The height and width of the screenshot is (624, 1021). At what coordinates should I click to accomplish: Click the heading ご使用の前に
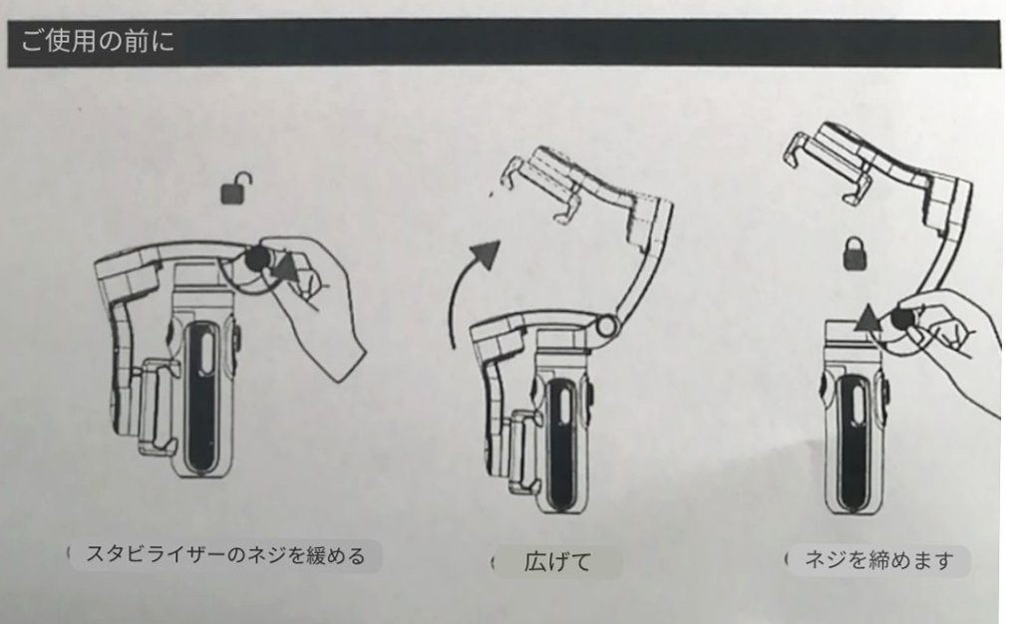[98, 41]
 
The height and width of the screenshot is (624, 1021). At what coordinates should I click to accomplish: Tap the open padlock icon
[235, 189]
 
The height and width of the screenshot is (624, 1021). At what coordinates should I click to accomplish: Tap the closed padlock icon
[854, 253]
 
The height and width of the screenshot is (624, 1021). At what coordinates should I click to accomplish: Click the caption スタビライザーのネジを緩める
[225, 555]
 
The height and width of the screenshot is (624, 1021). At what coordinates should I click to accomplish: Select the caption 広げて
[557, 561]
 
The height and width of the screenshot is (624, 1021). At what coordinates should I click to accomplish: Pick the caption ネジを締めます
[879, 559]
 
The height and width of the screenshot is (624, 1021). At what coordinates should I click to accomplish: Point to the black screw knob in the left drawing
[257, 259]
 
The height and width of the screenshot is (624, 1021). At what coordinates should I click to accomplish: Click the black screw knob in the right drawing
[901, 320]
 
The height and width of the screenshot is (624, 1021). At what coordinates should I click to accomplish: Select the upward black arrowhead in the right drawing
[866, 318]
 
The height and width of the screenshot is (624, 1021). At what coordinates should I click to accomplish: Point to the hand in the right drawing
[950, 345]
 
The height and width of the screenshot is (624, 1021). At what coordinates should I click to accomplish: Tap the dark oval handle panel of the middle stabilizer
[560, 443]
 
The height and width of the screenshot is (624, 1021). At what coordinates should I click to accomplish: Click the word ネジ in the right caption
[825, 559]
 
